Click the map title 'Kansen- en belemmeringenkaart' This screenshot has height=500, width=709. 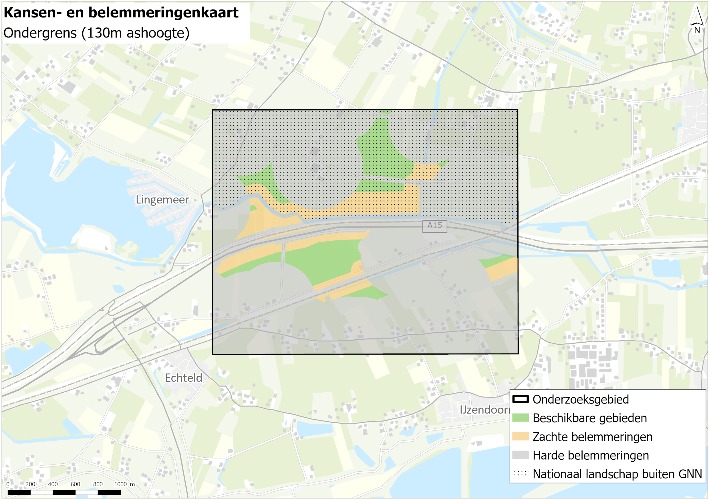(121, 13)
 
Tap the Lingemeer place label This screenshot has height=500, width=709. (162, 200)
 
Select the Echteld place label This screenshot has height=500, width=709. (183, 378)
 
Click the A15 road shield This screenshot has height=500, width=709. (434, 226)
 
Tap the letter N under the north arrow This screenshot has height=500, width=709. (697, 30)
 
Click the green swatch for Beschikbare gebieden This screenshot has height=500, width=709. (520, 418)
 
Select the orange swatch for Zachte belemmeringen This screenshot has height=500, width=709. (520, 436)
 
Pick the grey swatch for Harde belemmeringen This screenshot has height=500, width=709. (520, 455)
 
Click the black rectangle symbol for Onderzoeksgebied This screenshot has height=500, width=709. (520, 399)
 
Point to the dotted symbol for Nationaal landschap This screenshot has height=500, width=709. (520, 473)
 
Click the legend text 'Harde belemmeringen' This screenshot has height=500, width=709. (590, 455)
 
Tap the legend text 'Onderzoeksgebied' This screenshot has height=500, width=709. (581, 399)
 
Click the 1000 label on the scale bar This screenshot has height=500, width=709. (120, 484)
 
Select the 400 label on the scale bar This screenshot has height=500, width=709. (53, 484)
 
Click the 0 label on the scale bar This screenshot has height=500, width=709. (8, 484)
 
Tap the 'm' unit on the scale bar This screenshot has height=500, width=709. (132, 484)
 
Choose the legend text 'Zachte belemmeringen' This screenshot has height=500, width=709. (592, 437)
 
